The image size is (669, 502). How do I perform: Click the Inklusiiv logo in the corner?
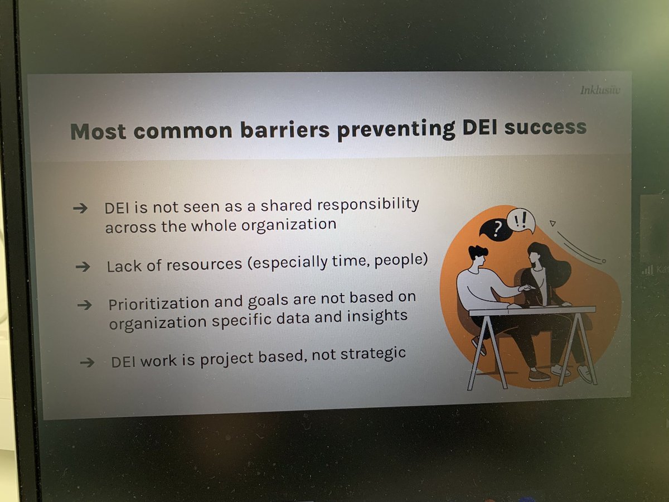click(599, 90)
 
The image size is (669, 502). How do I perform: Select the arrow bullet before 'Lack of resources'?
click(83, 267)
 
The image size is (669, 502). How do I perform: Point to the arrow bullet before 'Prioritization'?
click(84, 305)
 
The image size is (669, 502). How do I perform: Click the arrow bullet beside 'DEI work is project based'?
click(86, 363)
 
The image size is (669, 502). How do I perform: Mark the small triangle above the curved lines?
click(552, 224)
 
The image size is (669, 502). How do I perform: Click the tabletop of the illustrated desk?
click(532, 310)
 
